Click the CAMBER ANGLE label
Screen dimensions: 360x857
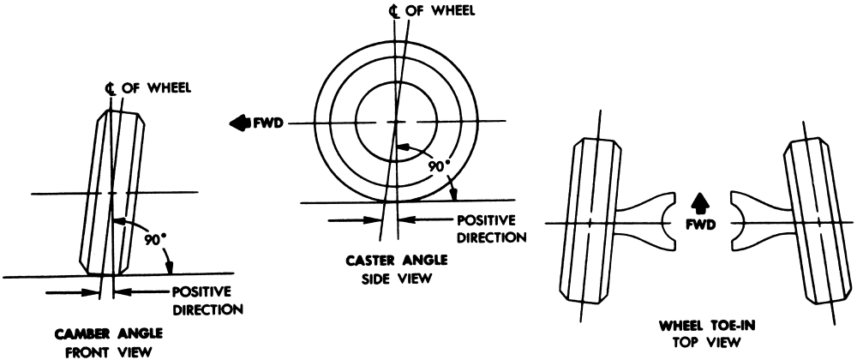point(95,333)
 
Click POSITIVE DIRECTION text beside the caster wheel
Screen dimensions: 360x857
point(486,227)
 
